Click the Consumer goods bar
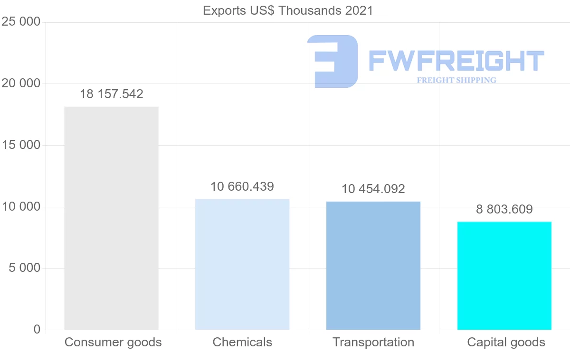(111, 218)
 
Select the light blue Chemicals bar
(242, 264)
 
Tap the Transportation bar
(373, 266)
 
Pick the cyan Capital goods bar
(504, 276)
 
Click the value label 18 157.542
(111, 94)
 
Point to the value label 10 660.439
(242, 186)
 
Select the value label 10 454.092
(373, 189)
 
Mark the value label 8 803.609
(504, 209)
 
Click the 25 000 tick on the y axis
(21, 22)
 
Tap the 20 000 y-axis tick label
(21, 84)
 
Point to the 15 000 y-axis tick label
(21, 145)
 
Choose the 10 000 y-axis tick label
(21, 207)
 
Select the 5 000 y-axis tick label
(24, 268)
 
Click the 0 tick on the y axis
(37, 330)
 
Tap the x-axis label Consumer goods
(113, 342)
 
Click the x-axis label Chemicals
(242, 342)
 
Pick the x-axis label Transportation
(373, 342)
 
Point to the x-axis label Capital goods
(506, 342)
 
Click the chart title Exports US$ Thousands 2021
(288, 10)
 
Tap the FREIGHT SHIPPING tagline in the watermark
(456, 80)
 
